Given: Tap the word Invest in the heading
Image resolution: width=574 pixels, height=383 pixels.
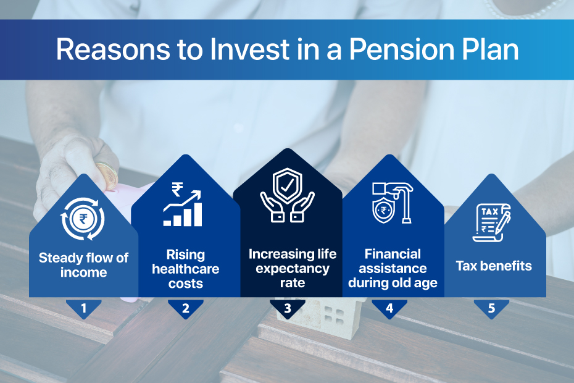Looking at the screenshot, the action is tap(249, 49).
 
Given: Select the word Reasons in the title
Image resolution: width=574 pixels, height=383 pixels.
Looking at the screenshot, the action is tap(113, 49).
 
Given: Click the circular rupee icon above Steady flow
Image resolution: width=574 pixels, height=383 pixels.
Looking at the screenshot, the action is tap(83, 219).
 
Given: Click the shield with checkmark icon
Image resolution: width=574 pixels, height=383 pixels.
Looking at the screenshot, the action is tap(288, 195).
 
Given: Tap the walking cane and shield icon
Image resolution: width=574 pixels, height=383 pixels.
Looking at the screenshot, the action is tap(393, 203).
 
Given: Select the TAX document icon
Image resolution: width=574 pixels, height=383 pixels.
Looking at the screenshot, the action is tap(492, 222).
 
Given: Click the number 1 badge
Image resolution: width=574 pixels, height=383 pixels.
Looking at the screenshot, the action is tap(84, 309).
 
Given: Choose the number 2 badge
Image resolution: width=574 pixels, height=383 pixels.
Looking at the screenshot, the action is tap(186, 309).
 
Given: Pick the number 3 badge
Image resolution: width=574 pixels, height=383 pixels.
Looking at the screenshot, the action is tap(288, 309).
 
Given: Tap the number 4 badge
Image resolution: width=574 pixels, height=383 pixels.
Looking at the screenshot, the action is tap(389, 309).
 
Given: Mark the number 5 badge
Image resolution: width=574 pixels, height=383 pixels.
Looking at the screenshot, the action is tap(491, 309).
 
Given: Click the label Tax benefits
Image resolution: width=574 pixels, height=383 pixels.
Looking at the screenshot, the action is tap(494, 266).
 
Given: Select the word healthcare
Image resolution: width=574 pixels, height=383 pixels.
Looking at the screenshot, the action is tap(186, 269).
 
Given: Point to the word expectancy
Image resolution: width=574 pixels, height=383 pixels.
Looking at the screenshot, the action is tap(293, 269).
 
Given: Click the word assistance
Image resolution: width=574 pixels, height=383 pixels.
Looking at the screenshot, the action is tap(393, 269).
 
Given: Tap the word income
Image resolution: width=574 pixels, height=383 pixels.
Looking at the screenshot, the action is tap(84, 272).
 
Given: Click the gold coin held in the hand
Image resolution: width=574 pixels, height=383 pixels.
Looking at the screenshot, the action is tap(107, 177).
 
